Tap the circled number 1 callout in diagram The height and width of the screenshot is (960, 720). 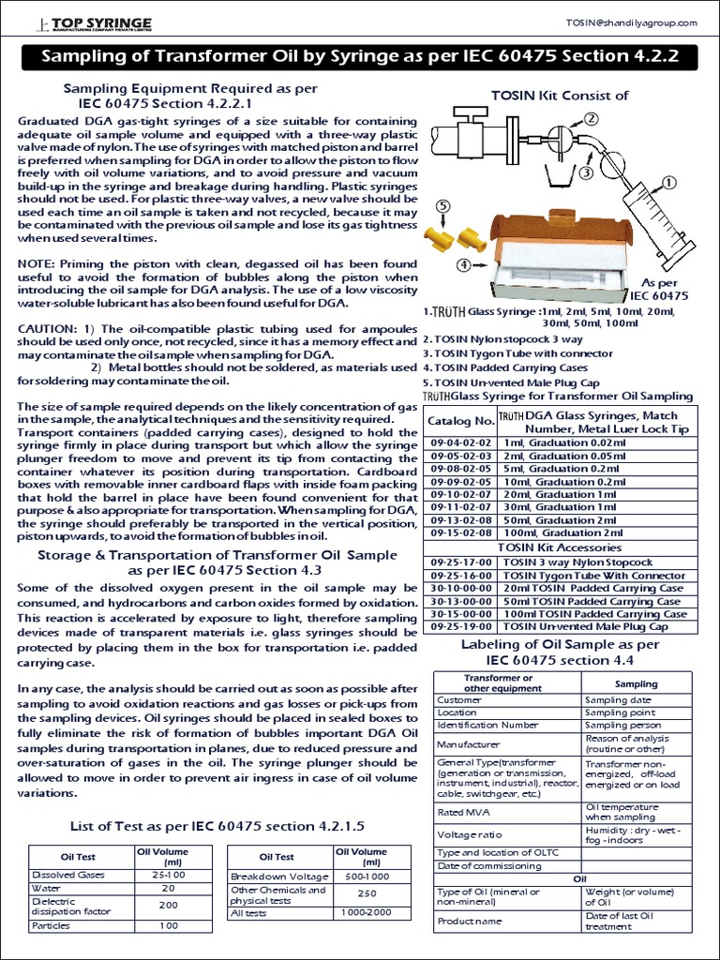(x=669, y=182)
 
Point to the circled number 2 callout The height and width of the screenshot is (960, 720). (x=592, y=119)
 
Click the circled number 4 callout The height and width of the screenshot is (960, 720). (x=463, y=265)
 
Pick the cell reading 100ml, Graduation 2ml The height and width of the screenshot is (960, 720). (x=562, y=532)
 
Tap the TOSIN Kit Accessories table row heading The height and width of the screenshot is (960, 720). (x=559, y=546)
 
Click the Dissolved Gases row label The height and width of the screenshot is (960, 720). (x=69, y=874)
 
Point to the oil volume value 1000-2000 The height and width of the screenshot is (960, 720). (x=361, y=912)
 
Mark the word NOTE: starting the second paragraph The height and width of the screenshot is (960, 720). (x=40, y=265)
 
